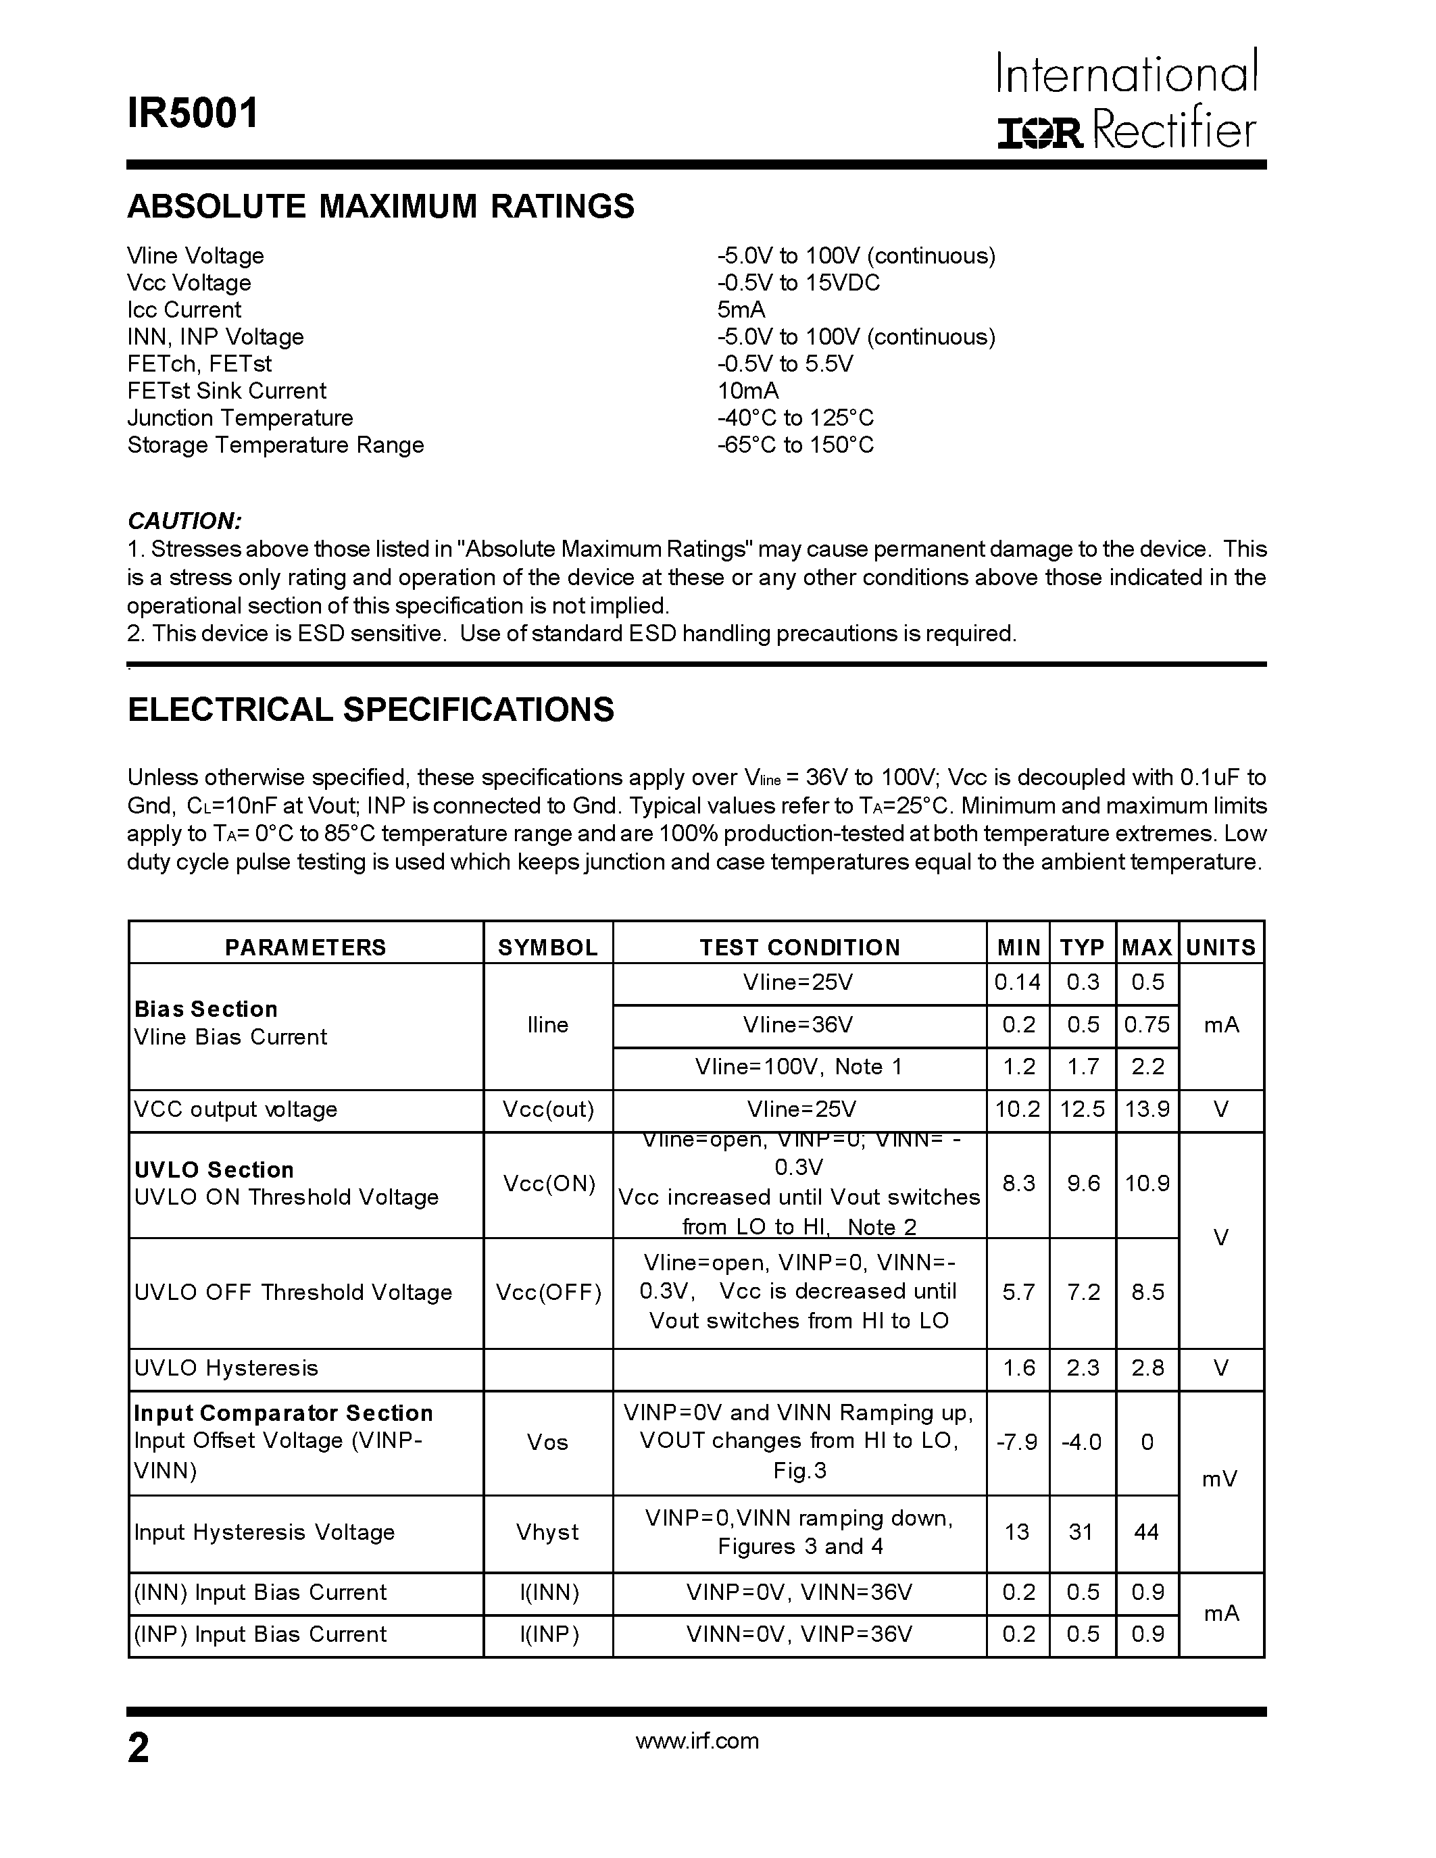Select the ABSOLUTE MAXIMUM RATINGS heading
click(x=380, y=207)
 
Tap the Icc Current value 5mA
click(x=741, y=309)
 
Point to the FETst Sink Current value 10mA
click(x=748, y=391)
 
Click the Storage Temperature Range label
click(x=275, y=445)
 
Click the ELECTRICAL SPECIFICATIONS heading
click(x=370, y=709)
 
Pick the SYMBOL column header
click(x=548, y=947)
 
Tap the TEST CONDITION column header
click(x=799, y=947)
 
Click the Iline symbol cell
click(x=548, y=1025)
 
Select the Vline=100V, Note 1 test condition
click(x=798, y=1067)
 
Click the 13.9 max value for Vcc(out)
click(x=1147, y=1109)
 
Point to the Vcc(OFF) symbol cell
click(x=548, y=1292)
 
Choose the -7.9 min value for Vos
click(x=1018, y=1442)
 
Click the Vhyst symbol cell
click(x=548, y=1532)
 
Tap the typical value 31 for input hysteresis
click(x=1081, y=1532)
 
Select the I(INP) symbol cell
click(x=549, y=1634)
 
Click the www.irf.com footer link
click(x=697, y=1740)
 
